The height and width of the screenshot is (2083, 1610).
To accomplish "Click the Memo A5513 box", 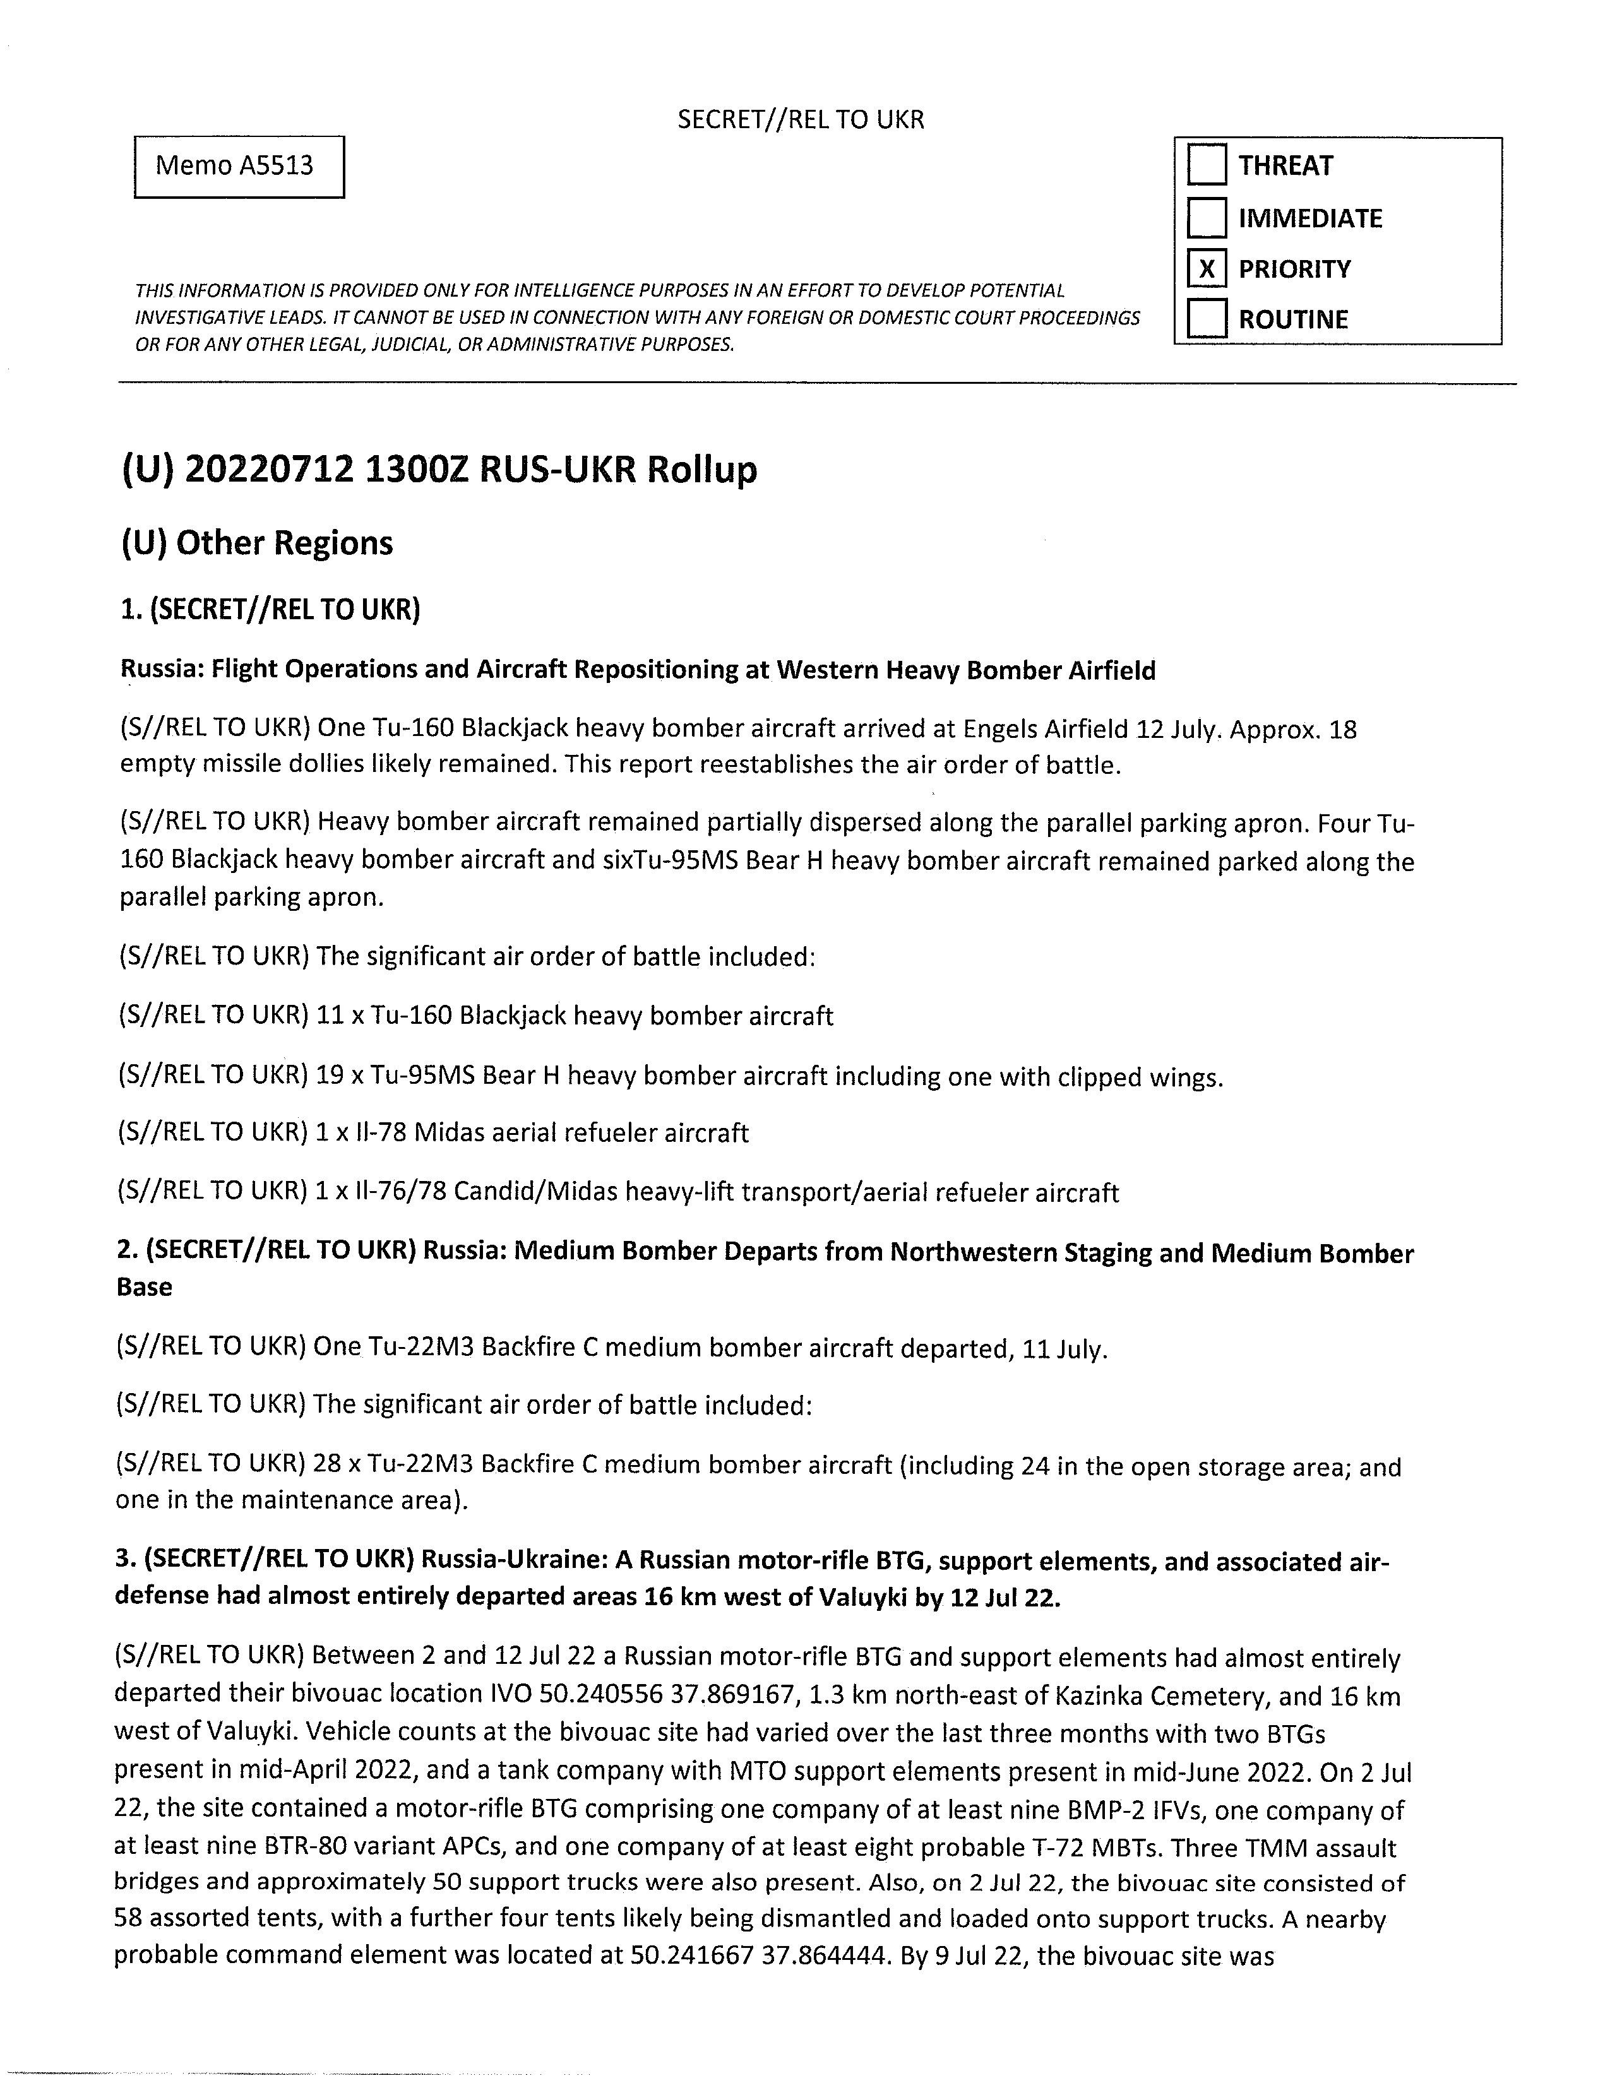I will tap(239, 167).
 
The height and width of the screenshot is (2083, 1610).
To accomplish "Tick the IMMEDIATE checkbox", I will tap(1207, 218).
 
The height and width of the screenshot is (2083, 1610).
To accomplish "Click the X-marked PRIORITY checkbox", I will tap(1207, 269).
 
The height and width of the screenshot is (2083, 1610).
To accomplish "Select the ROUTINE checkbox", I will tap(1207, 319).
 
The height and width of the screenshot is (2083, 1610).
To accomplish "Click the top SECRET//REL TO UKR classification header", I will tap(800, 119).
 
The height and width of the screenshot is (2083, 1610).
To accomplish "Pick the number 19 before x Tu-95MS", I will tap(329, 1077).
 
